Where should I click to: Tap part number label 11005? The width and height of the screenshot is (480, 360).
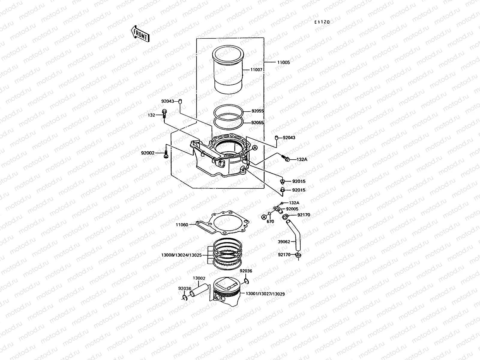coord(283,63)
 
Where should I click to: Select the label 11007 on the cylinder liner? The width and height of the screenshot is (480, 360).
coord(256,70)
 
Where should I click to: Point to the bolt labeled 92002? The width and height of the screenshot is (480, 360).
coord(166,154)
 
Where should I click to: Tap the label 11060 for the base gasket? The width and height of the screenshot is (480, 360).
coord(182,224)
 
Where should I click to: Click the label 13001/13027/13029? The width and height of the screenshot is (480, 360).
coord(265,294)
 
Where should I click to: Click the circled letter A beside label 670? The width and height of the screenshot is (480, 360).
coord(264,217)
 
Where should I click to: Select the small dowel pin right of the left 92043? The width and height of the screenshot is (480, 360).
coord(181,101)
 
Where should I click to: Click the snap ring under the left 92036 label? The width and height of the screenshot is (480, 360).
coord(184,297)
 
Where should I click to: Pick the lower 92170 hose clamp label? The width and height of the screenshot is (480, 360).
coord(284,255)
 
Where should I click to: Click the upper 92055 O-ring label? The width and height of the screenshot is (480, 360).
coord(257,111)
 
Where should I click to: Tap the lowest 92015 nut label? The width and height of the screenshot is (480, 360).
coord(298,190)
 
